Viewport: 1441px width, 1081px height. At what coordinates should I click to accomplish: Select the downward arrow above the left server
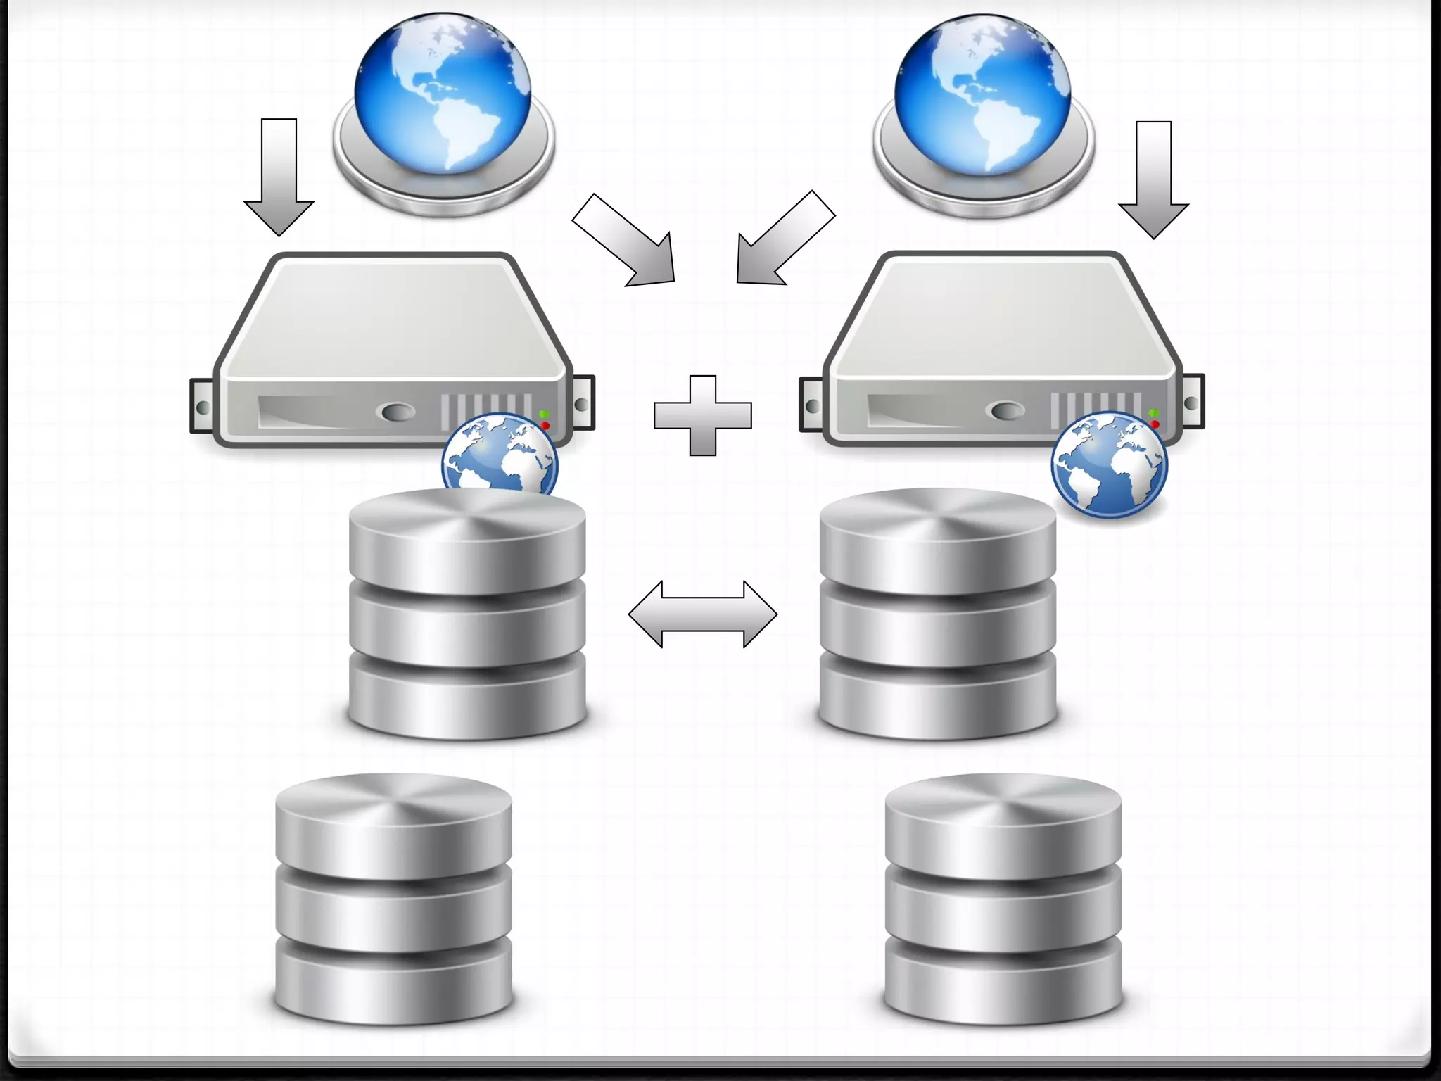point(279,176)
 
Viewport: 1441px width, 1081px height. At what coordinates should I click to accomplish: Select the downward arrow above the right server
point(1154,179)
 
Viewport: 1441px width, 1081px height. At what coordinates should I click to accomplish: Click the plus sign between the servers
point(703,415)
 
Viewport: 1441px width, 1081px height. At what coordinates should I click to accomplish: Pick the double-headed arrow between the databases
point(703,614)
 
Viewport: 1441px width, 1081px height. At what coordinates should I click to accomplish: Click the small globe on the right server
point(1109,464)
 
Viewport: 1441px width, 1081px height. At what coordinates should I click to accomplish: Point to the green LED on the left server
point(545,415)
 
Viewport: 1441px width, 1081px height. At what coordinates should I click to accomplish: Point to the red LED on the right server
point(1155,424)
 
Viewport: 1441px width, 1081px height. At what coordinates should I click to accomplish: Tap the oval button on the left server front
point(395,412)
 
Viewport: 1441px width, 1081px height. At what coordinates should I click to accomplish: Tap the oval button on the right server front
point(1007,410)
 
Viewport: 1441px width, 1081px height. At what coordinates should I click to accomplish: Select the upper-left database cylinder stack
point(467,616)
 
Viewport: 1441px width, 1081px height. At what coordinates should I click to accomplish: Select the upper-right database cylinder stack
point(938,616)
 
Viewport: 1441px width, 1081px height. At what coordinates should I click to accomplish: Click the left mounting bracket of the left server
point(201,407)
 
